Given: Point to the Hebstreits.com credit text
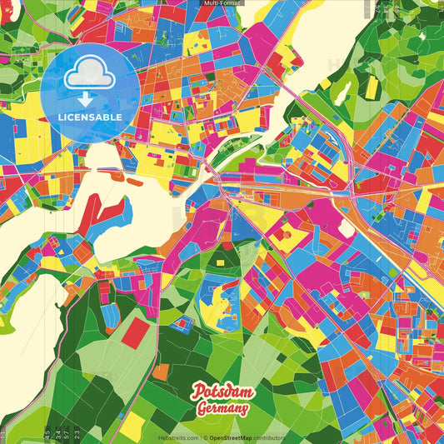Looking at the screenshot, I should (x=178, y=437).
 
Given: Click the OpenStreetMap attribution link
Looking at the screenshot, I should (x=236, y=437).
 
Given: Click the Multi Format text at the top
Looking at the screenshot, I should (x=222, y=3).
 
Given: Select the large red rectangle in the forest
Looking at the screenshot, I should (x=135, y=333).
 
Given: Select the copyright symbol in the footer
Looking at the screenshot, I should (x=206, y=437).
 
